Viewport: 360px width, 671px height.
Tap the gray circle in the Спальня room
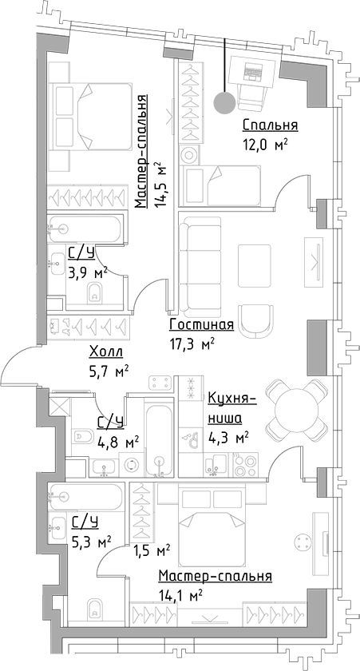tap(225, 101)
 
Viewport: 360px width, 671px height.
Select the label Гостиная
tap(201, 325)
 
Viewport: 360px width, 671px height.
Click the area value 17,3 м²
tap(192, 343)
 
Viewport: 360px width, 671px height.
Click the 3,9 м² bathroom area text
tap(88, 272)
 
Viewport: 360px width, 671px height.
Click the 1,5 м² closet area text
tap(152, 550)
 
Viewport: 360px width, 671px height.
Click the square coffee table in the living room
tap(259, 264)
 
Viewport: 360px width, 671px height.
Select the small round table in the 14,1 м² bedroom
tap(303, 541)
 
